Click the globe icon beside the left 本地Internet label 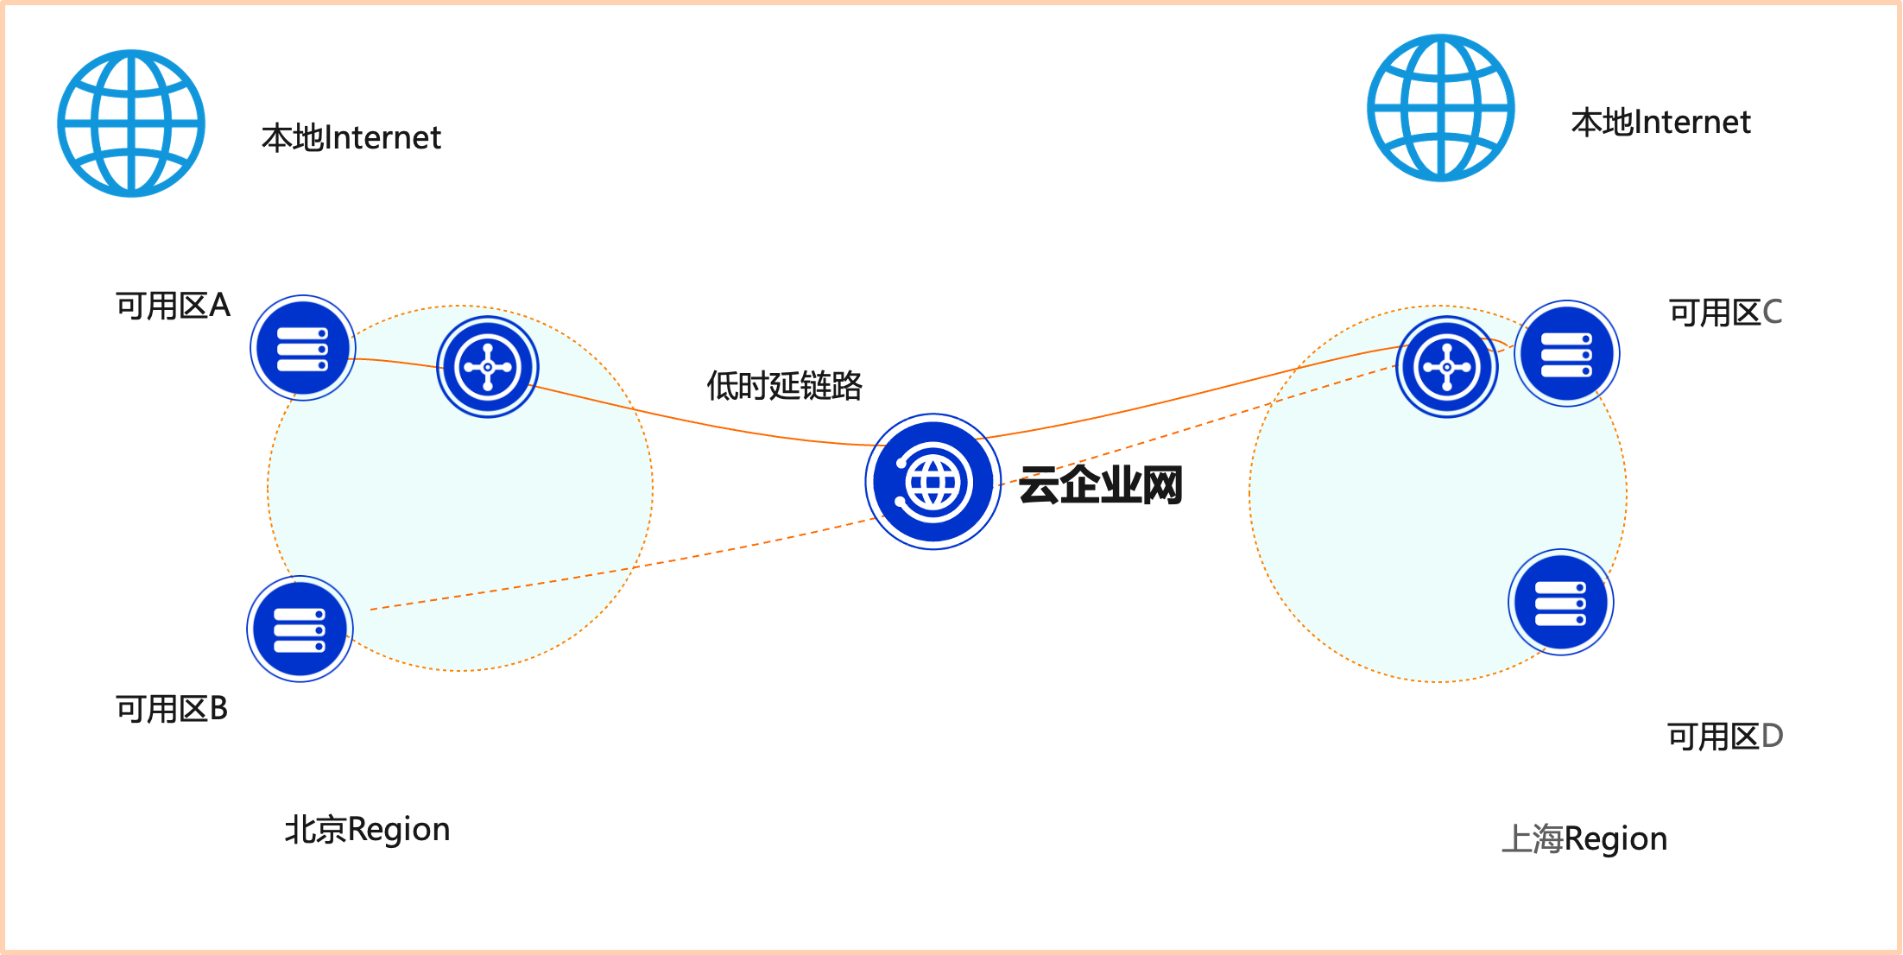131,123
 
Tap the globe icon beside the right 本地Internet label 1440,108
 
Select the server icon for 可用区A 302,348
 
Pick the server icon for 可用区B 300,629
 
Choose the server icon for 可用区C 1566,354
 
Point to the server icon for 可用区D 1560,603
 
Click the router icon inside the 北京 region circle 488,367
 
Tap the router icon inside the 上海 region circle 1447,367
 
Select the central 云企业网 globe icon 933,482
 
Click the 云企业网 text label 1101,485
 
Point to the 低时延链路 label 784,386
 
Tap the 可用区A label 173,306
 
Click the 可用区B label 172,709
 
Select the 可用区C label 1725,313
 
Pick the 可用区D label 1724,737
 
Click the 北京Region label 368,830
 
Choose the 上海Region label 1584,838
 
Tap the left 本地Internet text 351,138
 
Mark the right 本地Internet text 1660,123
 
